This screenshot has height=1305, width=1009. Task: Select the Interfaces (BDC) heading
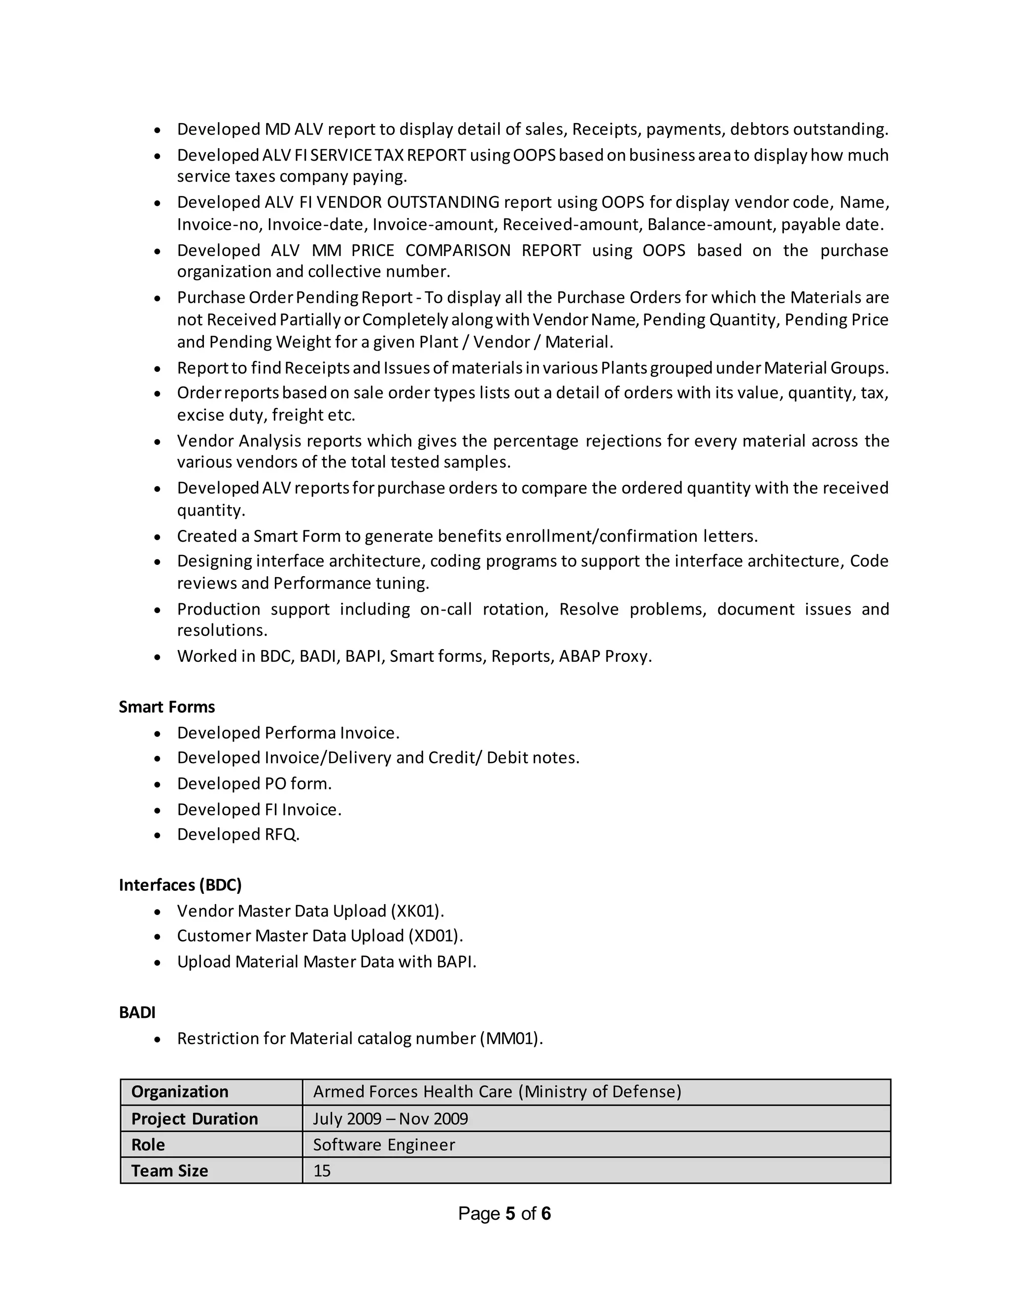point(180,885)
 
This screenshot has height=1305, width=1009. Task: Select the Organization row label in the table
point(179,1092)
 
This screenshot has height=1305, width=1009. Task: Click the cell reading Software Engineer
point(384,1145)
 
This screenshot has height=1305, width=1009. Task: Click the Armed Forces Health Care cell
point(497,1092)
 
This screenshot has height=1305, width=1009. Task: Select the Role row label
point(148,1145)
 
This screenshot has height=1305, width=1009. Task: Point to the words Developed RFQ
point(238,835)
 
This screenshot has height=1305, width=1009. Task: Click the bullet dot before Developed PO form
point(157,784)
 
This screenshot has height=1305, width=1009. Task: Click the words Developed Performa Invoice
point(288,733)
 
